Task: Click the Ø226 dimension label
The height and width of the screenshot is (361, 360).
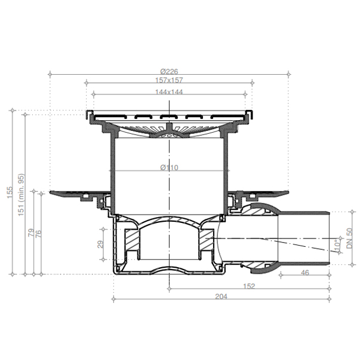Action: pyautogui.click(x=169, y=72)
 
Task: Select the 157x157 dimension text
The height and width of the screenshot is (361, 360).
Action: pyautogui.click(x=169, y=80)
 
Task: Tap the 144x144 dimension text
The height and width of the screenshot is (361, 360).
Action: pyautogui.click(x=169, y=92)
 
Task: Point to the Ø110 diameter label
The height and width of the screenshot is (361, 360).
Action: pyautogui.click(x=169, y=167)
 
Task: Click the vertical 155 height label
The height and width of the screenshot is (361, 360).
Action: pyautogui.click(x=10, y=192)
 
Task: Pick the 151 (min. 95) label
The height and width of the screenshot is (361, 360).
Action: pyautogui.click(x=21, y=195)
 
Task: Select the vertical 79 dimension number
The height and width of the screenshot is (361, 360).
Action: pyautogui.click(x=31, y=232)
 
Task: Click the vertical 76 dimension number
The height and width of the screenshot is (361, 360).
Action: pyautogui.click(x=38, y=234)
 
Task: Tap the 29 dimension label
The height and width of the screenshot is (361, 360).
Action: pyautogui.click(x=100, y=244)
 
